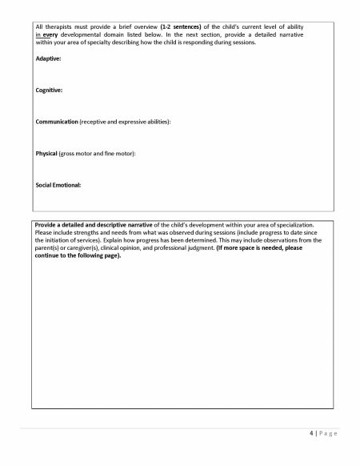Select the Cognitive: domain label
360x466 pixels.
click(x=50, y=90)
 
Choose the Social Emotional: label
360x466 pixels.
click(x=58, y=184)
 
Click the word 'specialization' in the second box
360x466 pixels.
click(x=284, y=225)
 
